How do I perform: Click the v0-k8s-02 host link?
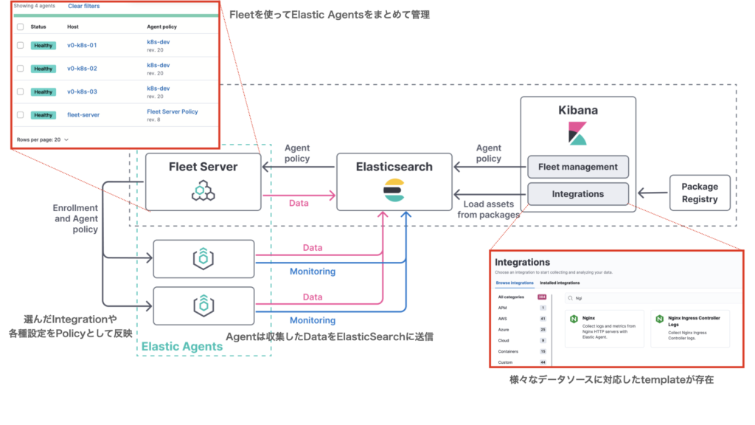(x=82, y=68)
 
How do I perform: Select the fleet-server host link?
(x=83, y=115)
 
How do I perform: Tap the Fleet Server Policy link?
(x=173, y=111)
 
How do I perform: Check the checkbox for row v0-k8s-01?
(x=20, y=45)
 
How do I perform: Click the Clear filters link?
(x=83, y=6)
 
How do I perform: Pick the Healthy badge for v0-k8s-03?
(x=44, y=92)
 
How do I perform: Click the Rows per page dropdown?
(x=42, y=139)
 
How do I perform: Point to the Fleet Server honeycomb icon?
(x=203, y=191)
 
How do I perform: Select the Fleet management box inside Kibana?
(x=577, y=167)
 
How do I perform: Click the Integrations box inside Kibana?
(x=577, y=194)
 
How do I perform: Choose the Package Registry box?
(x=699, y=193)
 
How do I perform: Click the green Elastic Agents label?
(x=181, y=346)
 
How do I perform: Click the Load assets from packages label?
(x=487, y=210)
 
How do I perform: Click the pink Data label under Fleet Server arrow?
(x=298, y=203)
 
